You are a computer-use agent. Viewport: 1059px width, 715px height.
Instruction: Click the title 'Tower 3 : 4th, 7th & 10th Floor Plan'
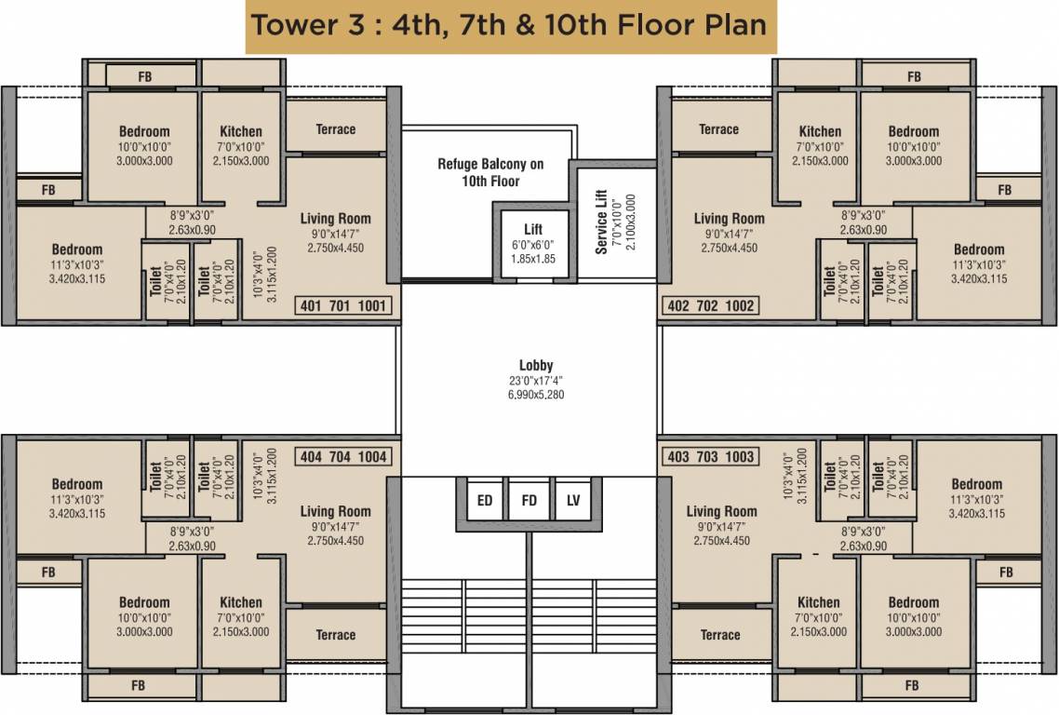[511, 25]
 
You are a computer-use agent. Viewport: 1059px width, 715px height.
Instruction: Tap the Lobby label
[536, 365]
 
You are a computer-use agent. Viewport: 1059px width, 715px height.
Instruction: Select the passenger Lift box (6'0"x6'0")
[532, 244]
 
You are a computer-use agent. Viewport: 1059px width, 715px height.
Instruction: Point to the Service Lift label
[601, 223]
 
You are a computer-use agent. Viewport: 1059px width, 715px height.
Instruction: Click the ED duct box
[485, 501]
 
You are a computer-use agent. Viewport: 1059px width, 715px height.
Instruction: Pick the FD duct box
[529, 501]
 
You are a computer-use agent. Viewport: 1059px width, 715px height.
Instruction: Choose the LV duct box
[573, 501]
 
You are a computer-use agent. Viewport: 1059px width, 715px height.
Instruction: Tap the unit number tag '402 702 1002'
[710, 305]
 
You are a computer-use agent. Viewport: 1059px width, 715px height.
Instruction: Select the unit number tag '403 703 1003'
[710, 457]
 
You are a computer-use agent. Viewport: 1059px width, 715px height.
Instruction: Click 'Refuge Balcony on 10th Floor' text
[490, 172]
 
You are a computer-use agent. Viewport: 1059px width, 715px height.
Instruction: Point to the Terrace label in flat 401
[335, 129]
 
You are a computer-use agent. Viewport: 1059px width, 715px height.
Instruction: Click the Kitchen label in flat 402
[820, 131]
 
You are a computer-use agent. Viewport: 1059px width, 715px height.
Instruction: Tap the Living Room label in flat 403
[721, 511]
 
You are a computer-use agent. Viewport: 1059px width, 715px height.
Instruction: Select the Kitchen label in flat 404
[241, 602]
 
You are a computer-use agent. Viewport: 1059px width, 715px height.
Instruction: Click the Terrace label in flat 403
[720, 635]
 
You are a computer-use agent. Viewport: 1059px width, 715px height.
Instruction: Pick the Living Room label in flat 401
[335, 219]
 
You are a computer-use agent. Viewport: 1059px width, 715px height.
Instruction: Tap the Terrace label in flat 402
[718, 129]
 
